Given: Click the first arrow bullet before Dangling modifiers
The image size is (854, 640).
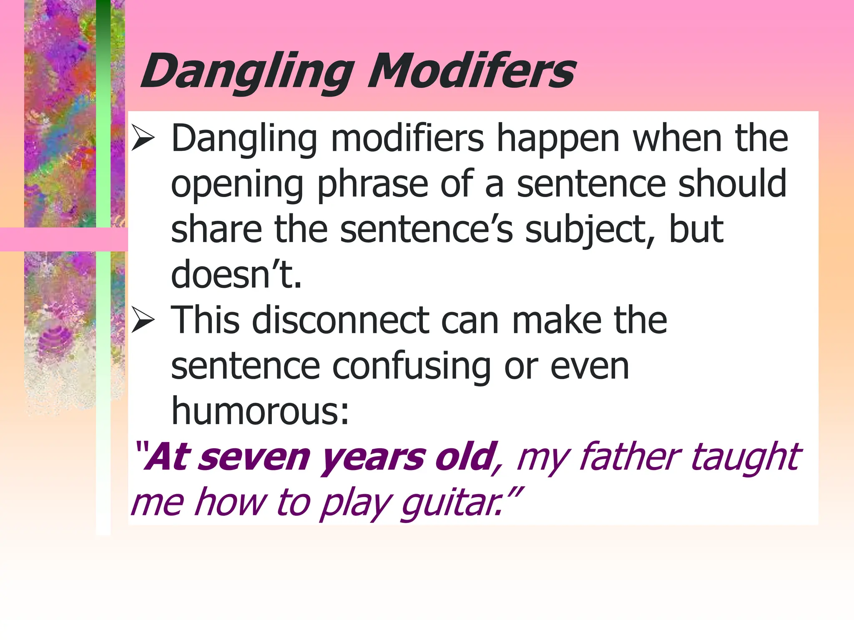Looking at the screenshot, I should tap(143, 139).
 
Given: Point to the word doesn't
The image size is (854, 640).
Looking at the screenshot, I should tap(236, 274).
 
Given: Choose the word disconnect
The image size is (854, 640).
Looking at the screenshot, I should tap(340, 320).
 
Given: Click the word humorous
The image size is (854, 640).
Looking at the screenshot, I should tap(259, 412).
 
